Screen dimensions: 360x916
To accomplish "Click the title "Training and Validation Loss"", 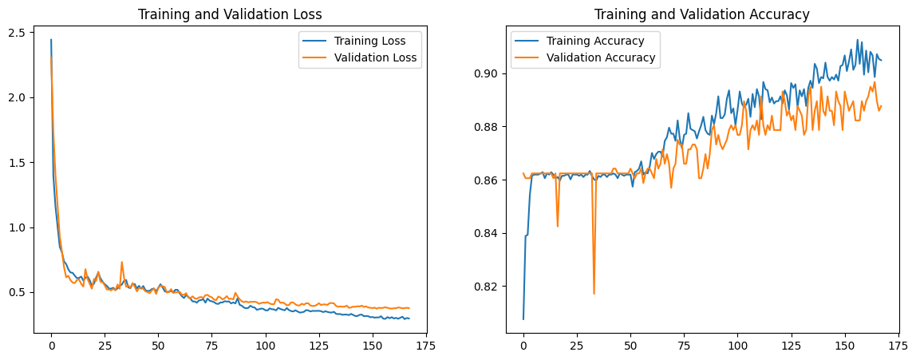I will pos(229,14).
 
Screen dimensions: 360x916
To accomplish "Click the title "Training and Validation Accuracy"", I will pos(702,14).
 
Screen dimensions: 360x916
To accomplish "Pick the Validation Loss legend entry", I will pos(375,57).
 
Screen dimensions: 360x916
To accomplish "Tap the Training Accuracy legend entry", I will pos(589,41).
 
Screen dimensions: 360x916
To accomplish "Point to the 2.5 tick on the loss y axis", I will pos(20,33).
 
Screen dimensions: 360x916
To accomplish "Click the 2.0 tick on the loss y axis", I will pos(20,97).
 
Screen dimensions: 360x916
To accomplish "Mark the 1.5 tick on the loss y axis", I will pos(20,163).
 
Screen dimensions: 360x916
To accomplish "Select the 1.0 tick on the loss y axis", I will pos(20,227).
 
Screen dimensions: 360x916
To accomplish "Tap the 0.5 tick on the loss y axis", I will pos(20,293).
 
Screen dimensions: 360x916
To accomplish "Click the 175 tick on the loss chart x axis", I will pos(425,348).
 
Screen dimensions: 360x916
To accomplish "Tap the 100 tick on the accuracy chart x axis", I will pos(737,348).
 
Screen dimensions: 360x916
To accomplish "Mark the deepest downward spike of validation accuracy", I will pos(594,294).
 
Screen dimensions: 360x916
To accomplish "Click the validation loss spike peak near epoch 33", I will pos(122,262).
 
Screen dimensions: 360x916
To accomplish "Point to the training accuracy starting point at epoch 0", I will pos(523,319).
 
